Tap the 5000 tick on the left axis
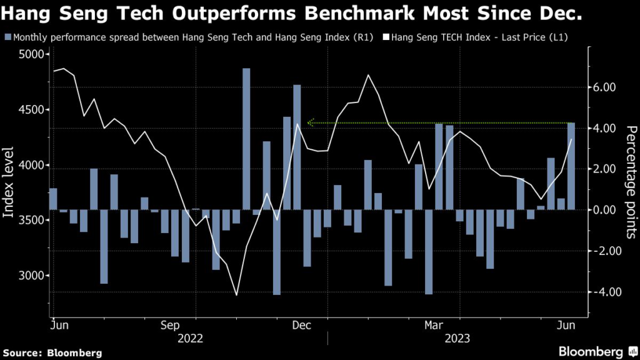click(31, 55)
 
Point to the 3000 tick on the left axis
click(31, 276)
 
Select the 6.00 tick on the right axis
click(604, 87)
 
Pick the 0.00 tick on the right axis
click(604, 210)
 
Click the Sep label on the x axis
click(171, 326)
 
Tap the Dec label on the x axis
click(302, 326)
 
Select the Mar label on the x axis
click(434, 326)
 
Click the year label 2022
click(190, 339)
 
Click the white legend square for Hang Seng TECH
click(386, 37)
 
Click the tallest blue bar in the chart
click(246, 139)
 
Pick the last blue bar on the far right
click(571, 166)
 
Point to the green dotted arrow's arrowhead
click(310, 122)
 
